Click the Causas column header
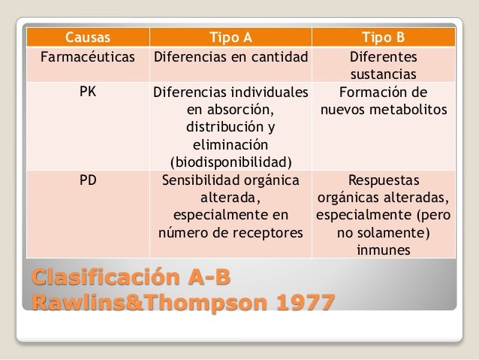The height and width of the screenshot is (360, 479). click(87, 37)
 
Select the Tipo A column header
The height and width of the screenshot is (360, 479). click(230, 37)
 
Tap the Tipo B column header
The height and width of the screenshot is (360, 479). click(384, 37)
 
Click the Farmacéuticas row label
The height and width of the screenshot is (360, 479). click(87, 56)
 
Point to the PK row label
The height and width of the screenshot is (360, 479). click(87, 93)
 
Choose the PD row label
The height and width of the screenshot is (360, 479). click(87, 180)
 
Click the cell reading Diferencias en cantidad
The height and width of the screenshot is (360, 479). click(230, 56)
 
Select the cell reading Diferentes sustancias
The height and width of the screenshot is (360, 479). click(384, 65)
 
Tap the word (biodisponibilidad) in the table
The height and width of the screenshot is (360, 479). click(230, 162)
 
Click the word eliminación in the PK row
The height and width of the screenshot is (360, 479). click(230, 144)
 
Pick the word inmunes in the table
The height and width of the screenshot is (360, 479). click(384, 250)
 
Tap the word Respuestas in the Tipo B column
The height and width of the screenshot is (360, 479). click(384, 180)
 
